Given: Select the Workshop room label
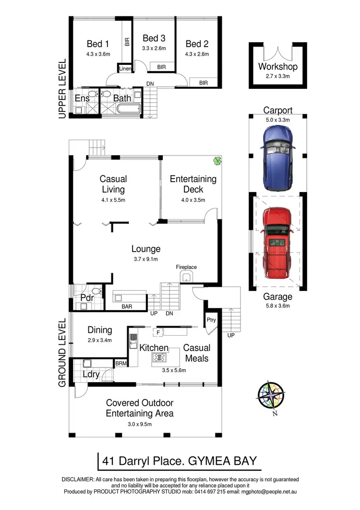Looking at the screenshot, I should pos(277,67).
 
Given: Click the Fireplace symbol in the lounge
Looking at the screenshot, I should pos(186,278).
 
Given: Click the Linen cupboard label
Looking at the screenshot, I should pos(125,69).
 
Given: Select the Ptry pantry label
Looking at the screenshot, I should pos(211,319).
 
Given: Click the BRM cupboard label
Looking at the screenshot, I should pos(121,364).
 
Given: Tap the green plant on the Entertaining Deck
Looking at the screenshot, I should pos(217,161).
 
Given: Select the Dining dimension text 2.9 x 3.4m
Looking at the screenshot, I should pos(100,340).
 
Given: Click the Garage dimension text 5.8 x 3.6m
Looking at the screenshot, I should pos(278,305).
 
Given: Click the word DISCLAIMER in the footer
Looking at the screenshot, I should pos(78,480).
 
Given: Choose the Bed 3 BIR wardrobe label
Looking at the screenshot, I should pos(161,67).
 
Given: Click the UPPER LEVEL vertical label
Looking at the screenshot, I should pos(61,89).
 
